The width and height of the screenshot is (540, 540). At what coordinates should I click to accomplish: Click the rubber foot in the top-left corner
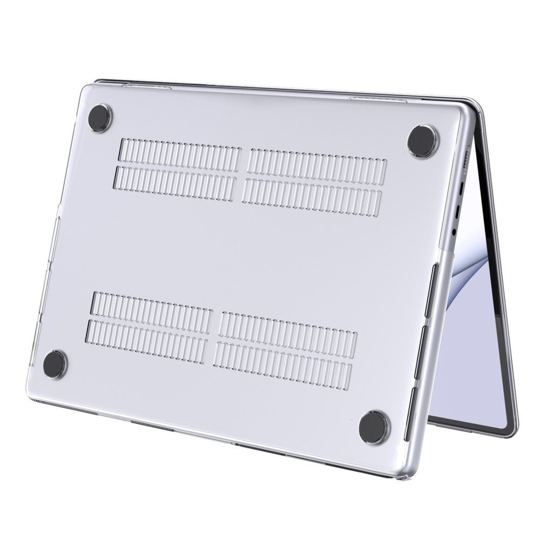pos(100,115)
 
